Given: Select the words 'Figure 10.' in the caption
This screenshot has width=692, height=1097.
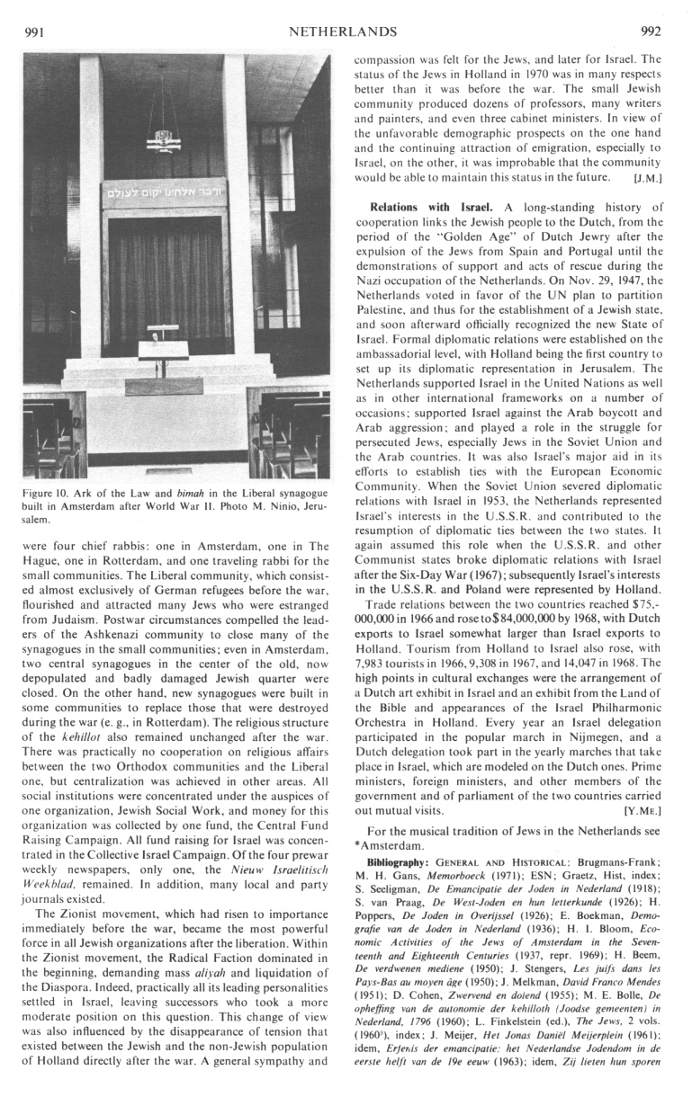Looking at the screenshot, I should click(x=46, y=493).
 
